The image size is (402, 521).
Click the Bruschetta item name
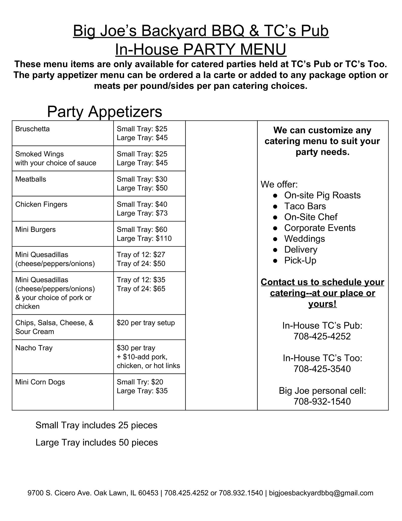tap(33, 129)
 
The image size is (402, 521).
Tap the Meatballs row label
tap(31, 179)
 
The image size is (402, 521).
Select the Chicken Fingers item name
tap(41, 205)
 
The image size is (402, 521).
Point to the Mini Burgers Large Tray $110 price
tap(144, 239)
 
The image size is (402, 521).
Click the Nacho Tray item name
tap(34, 348)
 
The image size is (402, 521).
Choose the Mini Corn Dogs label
tap(40, 382)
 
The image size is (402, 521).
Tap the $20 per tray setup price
tap(146, 323)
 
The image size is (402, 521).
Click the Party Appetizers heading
tap(104, 111)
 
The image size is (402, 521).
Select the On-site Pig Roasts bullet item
tap(322, 195)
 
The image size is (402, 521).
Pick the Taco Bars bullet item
tap(305, 206)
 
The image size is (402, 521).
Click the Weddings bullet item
tap(304, 239)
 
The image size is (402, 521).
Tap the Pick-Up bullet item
tap(300, 260)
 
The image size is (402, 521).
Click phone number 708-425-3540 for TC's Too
tap(322, 369)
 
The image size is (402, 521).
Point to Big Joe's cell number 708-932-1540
tap(322, 401)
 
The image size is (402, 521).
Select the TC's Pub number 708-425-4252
tap(322, 336)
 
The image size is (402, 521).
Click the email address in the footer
tap(321, 493)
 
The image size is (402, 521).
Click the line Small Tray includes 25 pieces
tap(96, 425)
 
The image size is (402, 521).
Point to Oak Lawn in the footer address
tap(110, 493)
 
